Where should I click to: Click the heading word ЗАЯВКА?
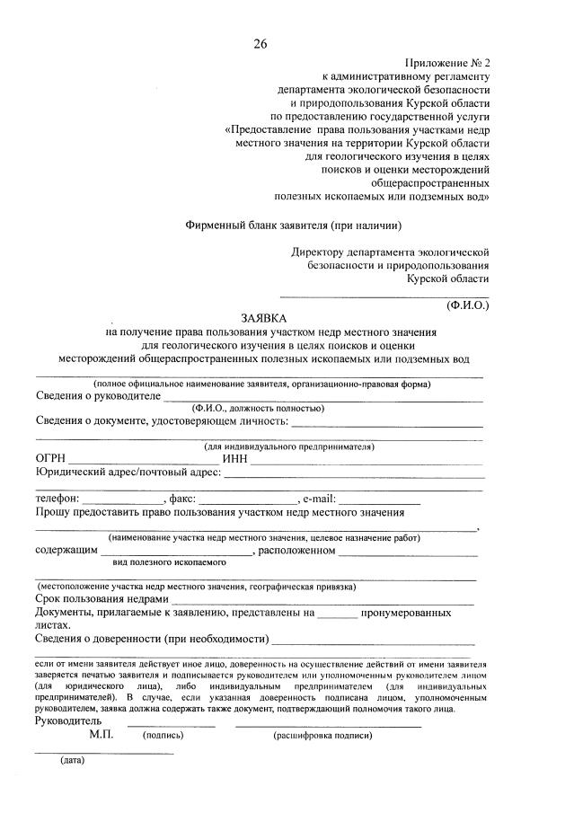coord(263,318)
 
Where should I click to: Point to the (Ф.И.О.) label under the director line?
coord(467,305)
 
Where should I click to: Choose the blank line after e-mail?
coord(378,500)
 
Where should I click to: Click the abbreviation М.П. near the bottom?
coord(102,734)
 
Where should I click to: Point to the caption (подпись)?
coord(163,735)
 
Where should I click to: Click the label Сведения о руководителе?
coord(98,395)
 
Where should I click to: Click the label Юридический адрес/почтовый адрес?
coord(128,473)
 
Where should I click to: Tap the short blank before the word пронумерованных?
coord(337,615)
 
